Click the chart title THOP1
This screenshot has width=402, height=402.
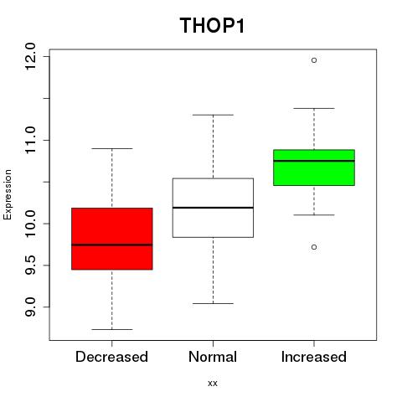point(212,26)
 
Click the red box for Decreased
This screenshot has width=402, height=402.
point(112,239)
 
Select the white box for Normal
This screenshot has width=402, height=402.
point(213,208)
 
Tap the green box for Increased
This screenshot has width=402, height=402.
point(314,167)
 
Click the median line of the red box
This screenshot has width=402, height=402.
point(112,245)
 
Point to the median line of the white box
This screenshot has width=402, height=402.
point(213,208)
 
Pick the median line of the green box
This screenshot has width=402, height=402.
point(314,161)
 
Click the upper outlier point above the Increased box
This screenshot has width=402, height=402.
point(314,60)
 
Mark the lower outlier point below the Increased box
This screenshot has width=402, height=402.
point(314,247)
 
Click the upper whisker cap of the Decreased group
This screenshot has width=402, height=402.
point(112,148)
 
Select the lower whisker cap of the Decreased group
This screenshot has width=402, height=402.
point(112,329)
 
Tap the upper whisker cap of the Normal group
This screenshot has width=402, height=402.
point(213,115)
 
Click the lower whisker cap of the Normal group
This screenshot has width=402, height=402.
point(213,303)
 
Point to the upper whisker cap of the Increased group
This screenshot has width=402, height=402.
point(314,108)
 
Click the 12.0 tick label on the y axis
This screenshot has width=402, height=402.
point(30,57)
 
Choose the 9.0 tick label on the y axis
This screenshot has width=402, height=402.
point(30,307)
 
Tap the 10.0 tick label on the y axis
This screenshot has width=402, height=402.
point(30,224)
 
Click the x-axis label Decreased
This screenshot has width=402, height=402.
point(111,357)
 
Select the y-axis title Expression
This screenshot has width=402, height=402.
point(8,194)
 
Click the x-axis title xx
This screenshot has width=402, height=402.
point(213,384)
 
